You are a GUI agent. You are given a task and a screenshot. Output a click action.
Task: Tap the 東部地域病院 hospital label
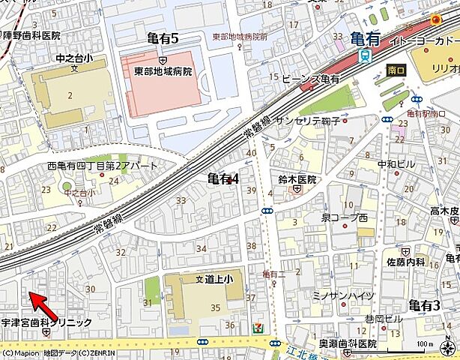(x=163, y=72)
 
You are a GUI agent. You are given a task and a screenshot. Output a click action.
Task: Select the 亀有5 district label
(x=163, y=38)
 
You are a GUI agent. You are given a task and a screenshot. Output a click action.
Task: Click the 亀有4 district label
(x=223, y=178)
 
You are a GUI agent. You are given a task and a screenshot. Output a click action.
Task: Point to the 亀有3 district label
(x=424, y=304)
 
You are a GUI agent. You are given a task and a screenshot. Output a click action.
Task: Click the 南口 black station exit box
(x=396, y=70)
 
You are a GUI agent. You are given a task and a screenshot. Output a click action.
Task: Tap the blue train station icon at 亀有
(x=365, y=55)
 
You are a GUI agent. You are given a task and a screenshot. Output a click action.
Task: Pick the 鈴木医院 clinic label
(x=297, y=180)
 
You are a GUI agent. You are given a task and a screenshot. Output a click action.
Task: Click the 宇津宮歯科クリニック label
(x=46, y=322)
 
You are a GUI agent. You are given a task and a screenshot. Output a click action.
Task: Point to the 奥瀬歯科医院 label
(x=347, y=343)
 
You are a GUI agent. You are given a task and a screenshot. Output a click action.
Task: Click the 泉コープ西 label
(x=344, y=217)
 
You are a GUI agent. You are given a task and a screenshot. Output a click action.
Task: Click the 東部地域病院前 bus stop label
(x=239, y=37)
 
